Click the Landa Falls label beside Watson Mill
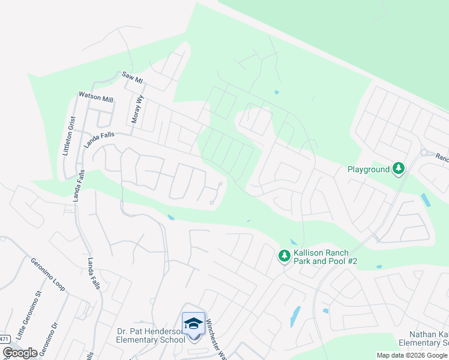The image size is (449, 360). tap(99, 140)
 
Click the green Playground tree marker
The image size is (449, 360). tap(398, 169)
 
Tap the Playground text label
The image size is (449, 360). tap(369, 170)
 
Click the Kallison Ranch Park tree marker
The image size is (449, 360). tap(284, 256)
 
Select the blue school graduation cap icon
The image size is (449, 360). tap(193, 325)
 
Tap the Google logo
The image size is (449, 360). tap(20, 353)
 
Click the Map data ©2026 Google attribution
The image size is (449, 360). tap(412, 355)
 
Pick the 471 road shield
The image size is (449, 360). tap(4, 339)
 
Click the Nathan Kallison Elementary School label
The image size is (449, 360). tap(429, 338)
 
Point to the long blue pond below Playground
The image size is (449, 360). tap(426, 200)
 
